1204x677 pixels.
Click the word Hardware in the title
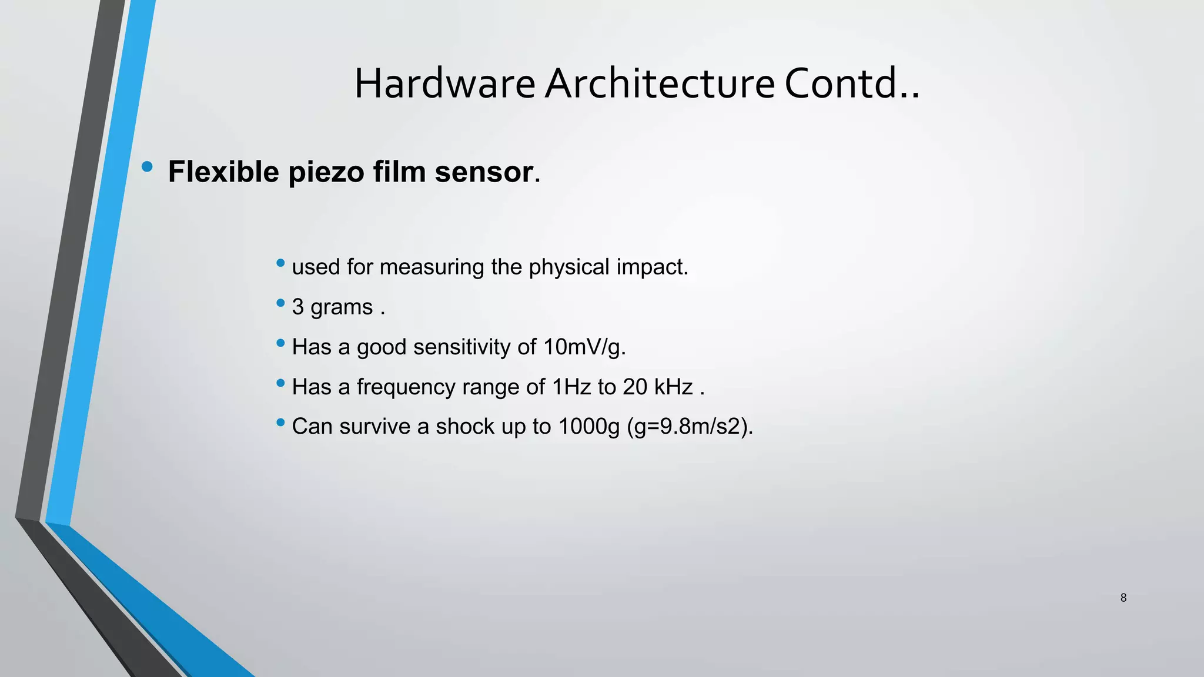(x=444, y=83)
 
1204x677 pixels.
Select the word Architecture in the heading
(x=660, y=83)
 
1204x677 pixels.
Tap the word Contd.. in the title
(x=852, y=83)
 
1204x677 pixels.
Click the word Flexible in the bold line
(x=223, y=172)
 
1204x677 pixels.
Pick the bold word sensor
(x=483, y=172)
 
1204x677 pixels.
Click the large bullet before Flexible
(x=147, y=167)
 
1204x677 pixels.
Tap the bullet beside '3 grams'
(x=280, y=303)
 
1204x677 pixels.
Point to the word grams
(x=342, y=307)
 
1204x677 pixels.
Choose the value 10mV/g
(x=584, y=347)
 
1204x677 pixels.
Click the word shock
(x=465, y=427)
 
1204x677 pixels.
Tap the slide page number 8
(x=1123, y=598)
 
